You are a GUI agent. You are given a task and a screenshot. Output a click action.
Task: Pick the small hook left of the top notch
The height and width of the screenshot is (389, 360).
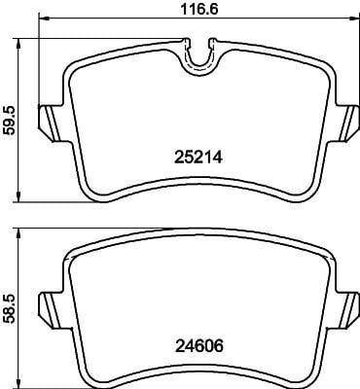[x=187, y=40]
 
